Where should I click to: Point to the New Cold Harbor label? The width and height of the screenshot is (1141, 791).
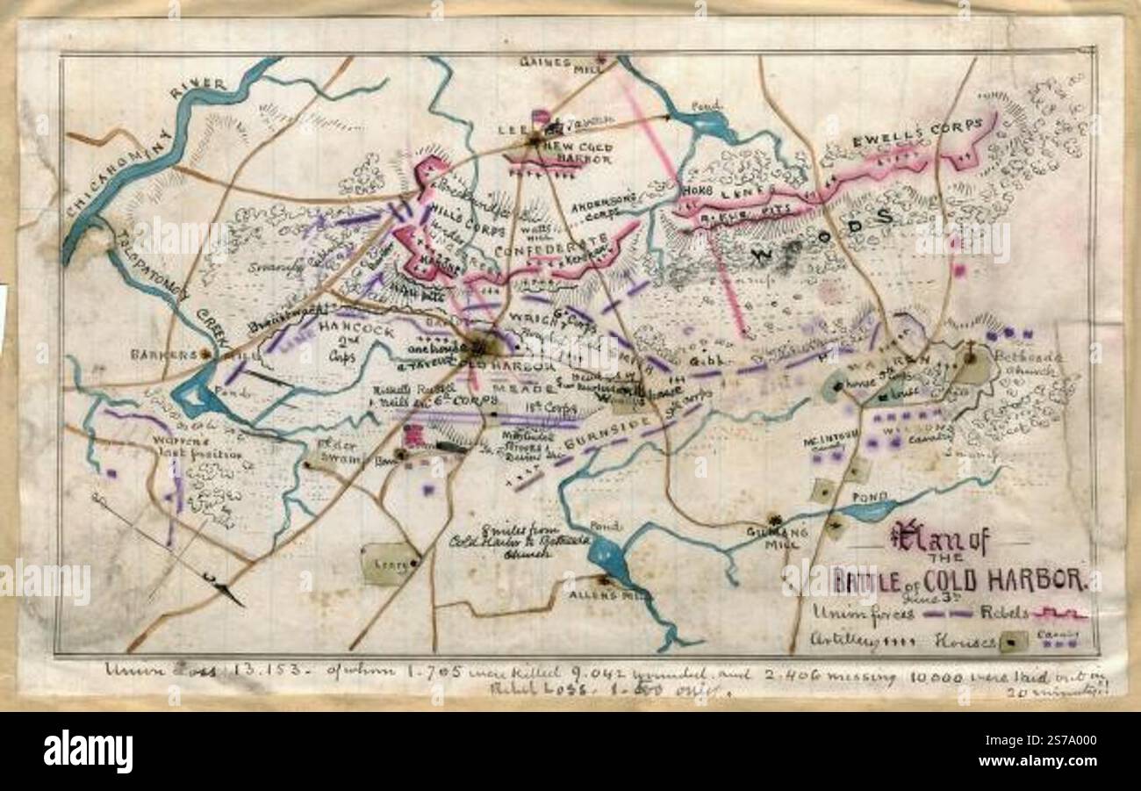point(577,150)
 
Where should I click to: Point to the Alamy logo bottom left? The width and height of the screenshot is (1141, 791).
point(88,751)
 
